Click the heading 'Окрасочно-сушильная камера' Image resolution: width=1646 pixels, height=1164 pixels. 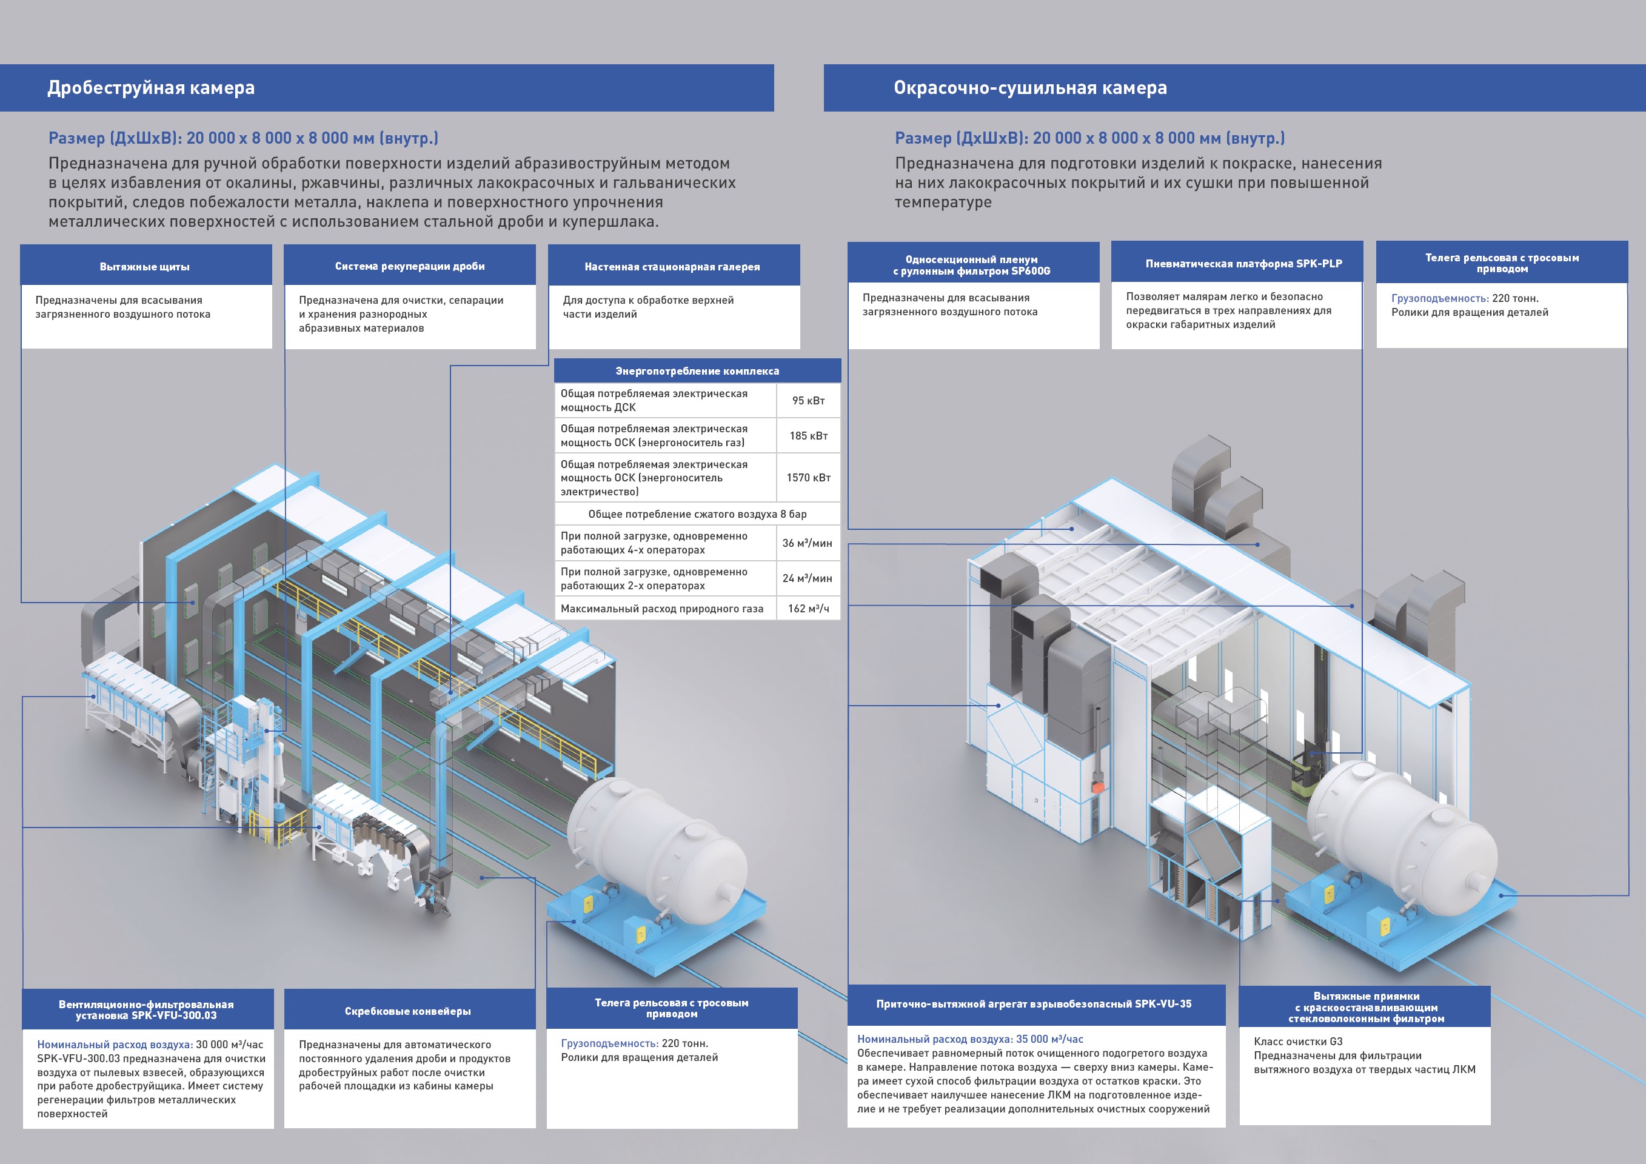pos(1029,87)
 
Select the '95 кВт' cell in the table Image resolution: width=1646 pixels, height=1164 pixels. pos(808,401)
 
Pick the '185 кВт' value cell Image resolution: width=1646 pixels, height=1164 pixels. pos(808,436)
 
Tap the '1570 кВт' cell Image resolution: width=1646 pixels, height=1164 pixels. pos(808,477)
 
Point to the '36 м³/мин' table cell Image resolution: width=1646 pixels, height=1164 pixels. pos(807,543)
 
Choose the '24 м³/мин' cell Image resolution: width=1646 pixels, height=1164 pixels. pos(807,578)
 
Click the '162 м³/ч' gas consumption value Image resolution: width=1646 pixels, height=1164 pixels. pos(808,609)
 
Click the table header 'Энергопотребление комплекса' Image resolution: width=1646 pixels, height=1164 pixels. pos(697,370)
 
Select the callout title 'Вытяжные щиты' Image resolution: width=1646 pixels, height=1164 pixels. pos(145,267)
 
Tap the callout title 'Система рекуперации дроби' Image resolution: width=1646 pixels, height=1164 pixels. pos(409,266)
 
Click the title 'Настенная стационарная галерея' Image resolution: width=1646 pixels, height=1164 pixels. pos(672,267)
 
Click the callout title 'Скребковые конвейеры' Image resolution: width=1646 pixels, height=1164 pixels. pos(407,1011)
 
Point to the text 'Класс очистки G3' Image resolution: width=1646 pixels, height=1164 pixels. pos(1297,1042)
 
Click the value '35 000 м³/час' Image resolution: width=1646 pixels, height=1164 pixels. pos(1049,1039)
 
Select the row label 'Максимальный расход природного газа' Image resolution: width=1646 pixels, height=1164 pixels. pos(661,609)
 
